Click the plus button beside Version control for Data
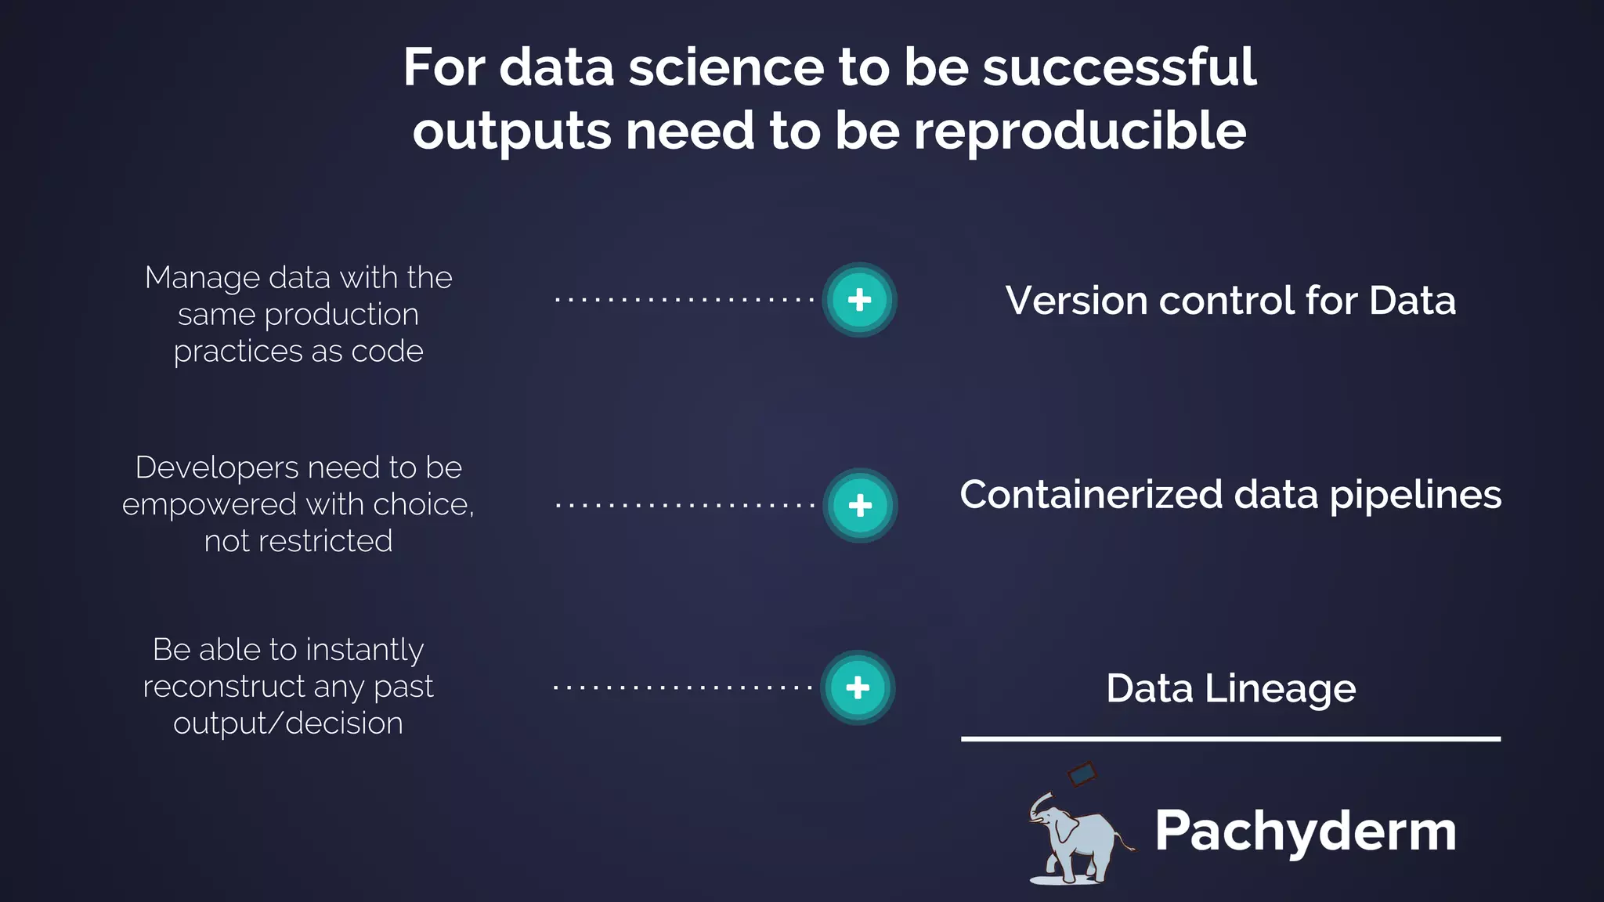859,300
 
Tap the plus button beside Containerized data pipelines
860,505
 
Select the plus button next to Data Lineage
858,687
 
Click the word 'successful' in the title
1119,67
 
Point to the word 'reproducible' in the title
1080,131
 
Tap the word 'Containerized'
1092,495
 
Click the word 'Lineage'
1280,689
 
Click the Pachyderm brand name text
1305,831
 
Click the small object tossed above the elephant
1082,774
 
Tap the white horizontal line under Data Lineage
1230,738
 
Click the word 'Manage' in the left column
202,278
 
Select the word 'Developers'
217,468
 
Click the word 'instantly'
364,651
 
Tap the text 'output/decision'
288,723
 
